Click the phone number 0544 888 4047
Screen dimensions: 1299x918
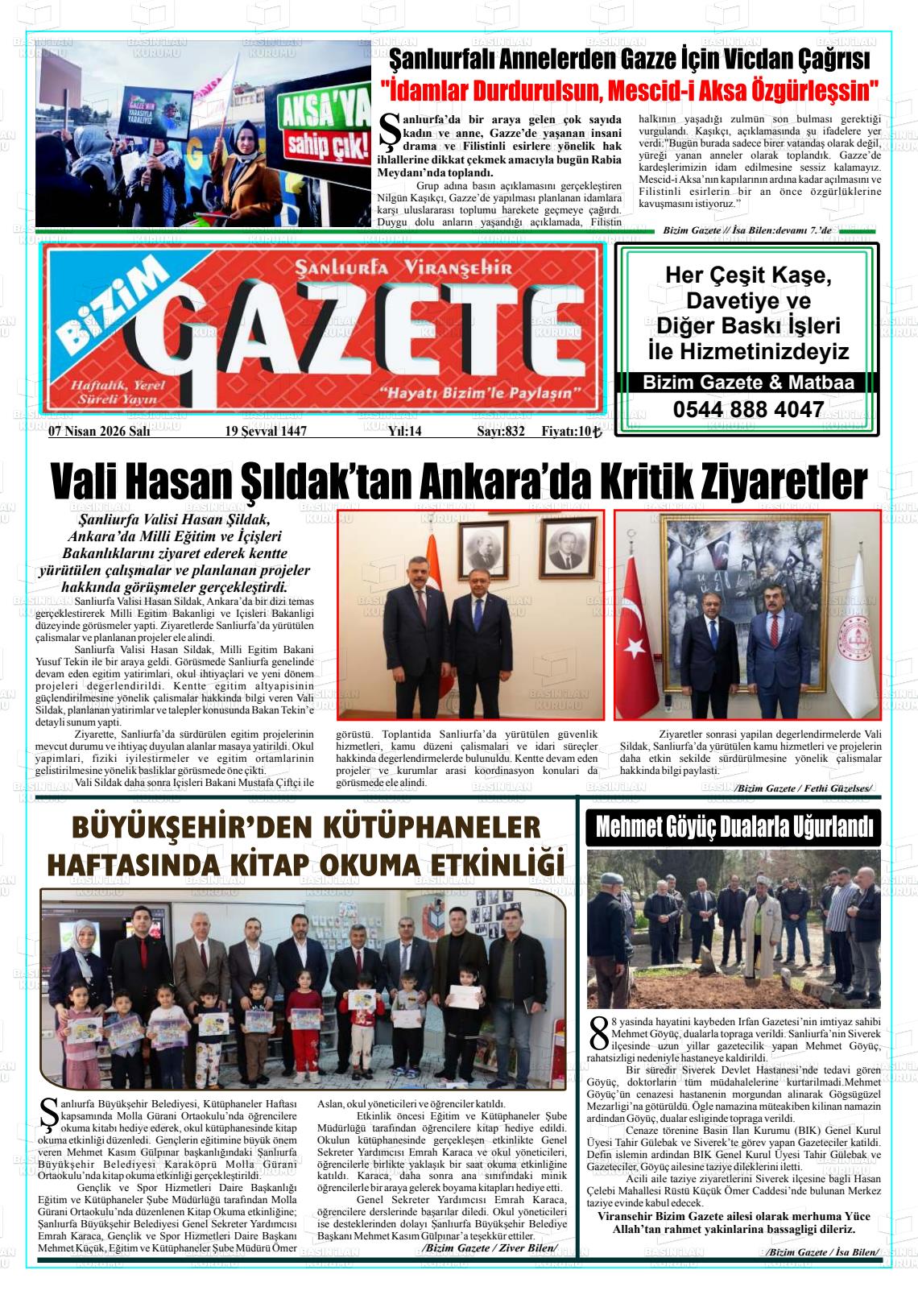coord(747,410)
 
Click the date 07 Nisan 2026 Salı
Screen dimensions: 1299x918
coord(99,432)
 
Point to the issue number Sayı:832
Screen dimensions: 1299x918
coord(500,432)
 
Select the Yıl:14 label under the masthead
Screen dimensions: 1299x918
coord(404,432)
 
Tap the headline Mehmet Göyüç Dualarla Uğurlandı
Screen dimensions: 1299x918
coord(734,827)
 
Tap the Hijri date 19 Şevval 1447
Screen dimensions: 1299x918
coord(266,432)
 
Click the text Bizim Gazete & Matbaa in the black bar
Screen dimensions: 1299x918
coord(747,383)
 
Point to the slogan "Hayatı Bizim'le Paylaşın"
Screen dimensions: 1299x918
coord(479,393)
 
